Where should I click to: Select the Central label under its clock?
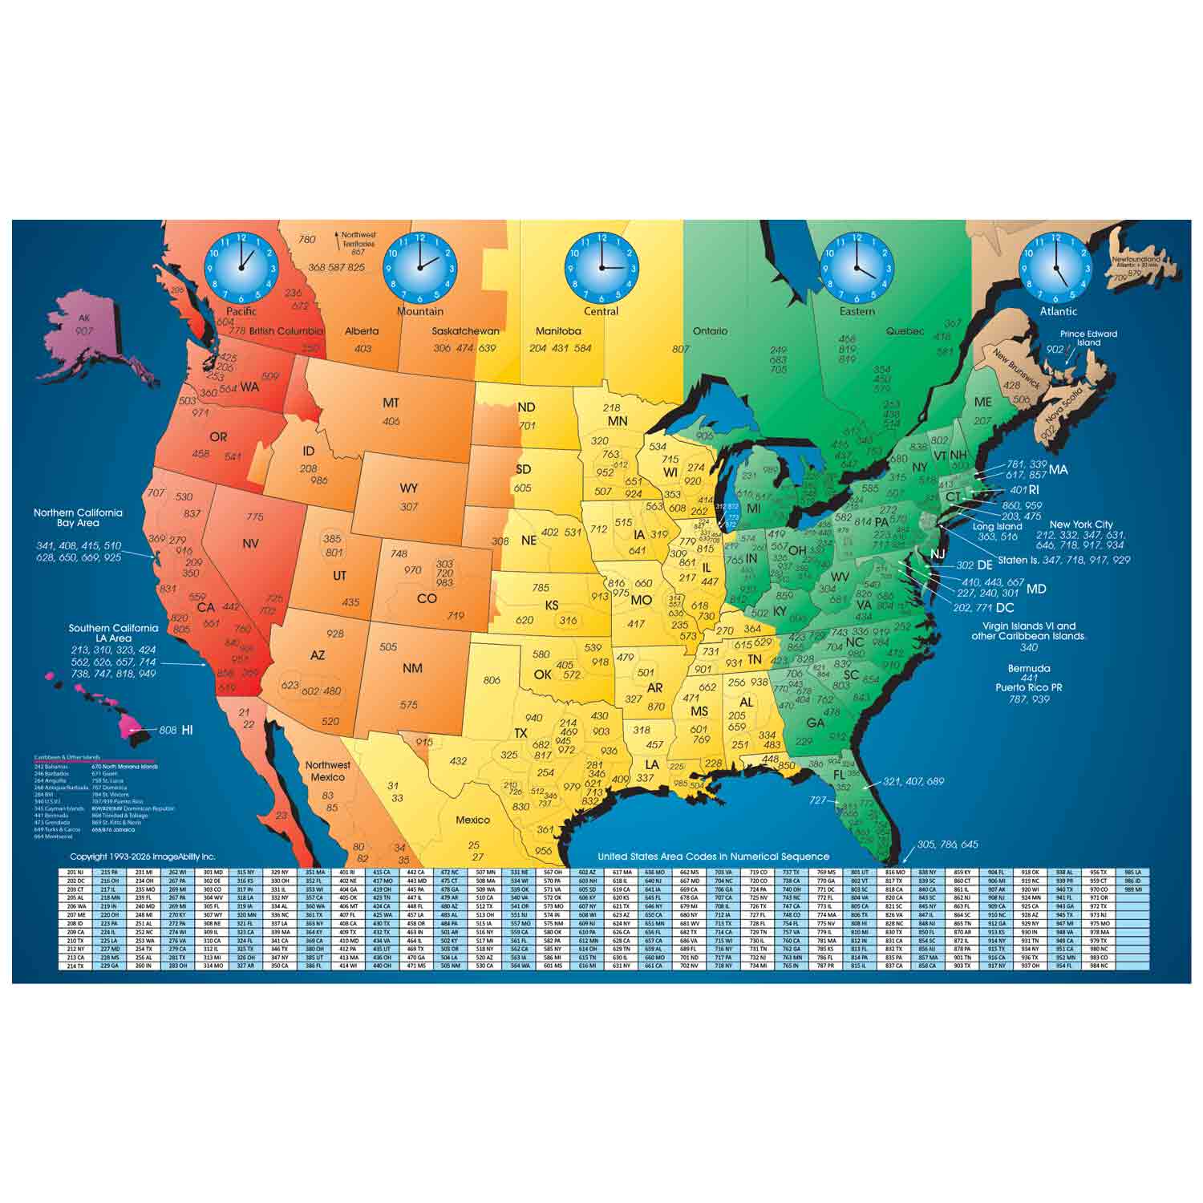pos(601,311)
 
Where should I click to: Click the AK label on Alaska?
pos(84,318)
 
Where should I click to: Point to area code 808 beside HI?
pos(168,731)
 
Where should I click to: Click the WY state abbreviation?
pos(409,488)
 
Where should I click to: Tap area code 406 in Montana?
pos(391,421)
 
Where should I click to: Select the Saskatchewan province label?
pos(465,331)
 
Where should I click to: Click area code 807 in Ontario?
pos(681,349)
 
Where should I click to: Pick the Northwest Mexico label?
pos(327,771)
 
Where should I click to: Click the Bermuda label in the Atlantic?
pos(1029,668)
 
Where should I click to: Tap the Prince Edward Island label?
pos(1088,338)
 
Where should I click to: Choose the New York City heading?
pos(1081,525)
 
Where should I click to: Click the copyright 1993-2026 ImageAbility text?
pos(143,857)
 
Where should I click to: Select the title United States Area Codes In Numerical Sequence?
pos(713,857)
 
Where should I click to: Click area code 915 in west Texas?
pos(424,742)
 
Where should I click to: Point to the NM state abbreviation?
pos(412,667)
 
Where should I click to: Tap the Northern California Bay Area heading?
pos(78,517)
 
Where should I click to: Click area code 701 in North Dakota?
pos(527,426)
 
